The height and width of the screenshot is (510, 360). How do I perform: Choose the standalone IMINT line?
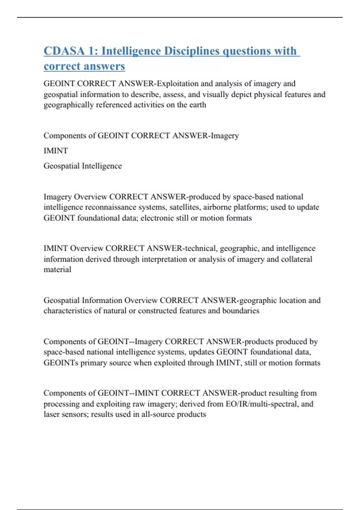56,151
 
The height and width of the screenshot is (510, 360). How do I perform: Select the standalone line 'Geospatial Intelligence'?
82,166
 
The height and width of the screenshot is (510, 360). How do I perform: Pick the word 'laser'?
51,414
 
